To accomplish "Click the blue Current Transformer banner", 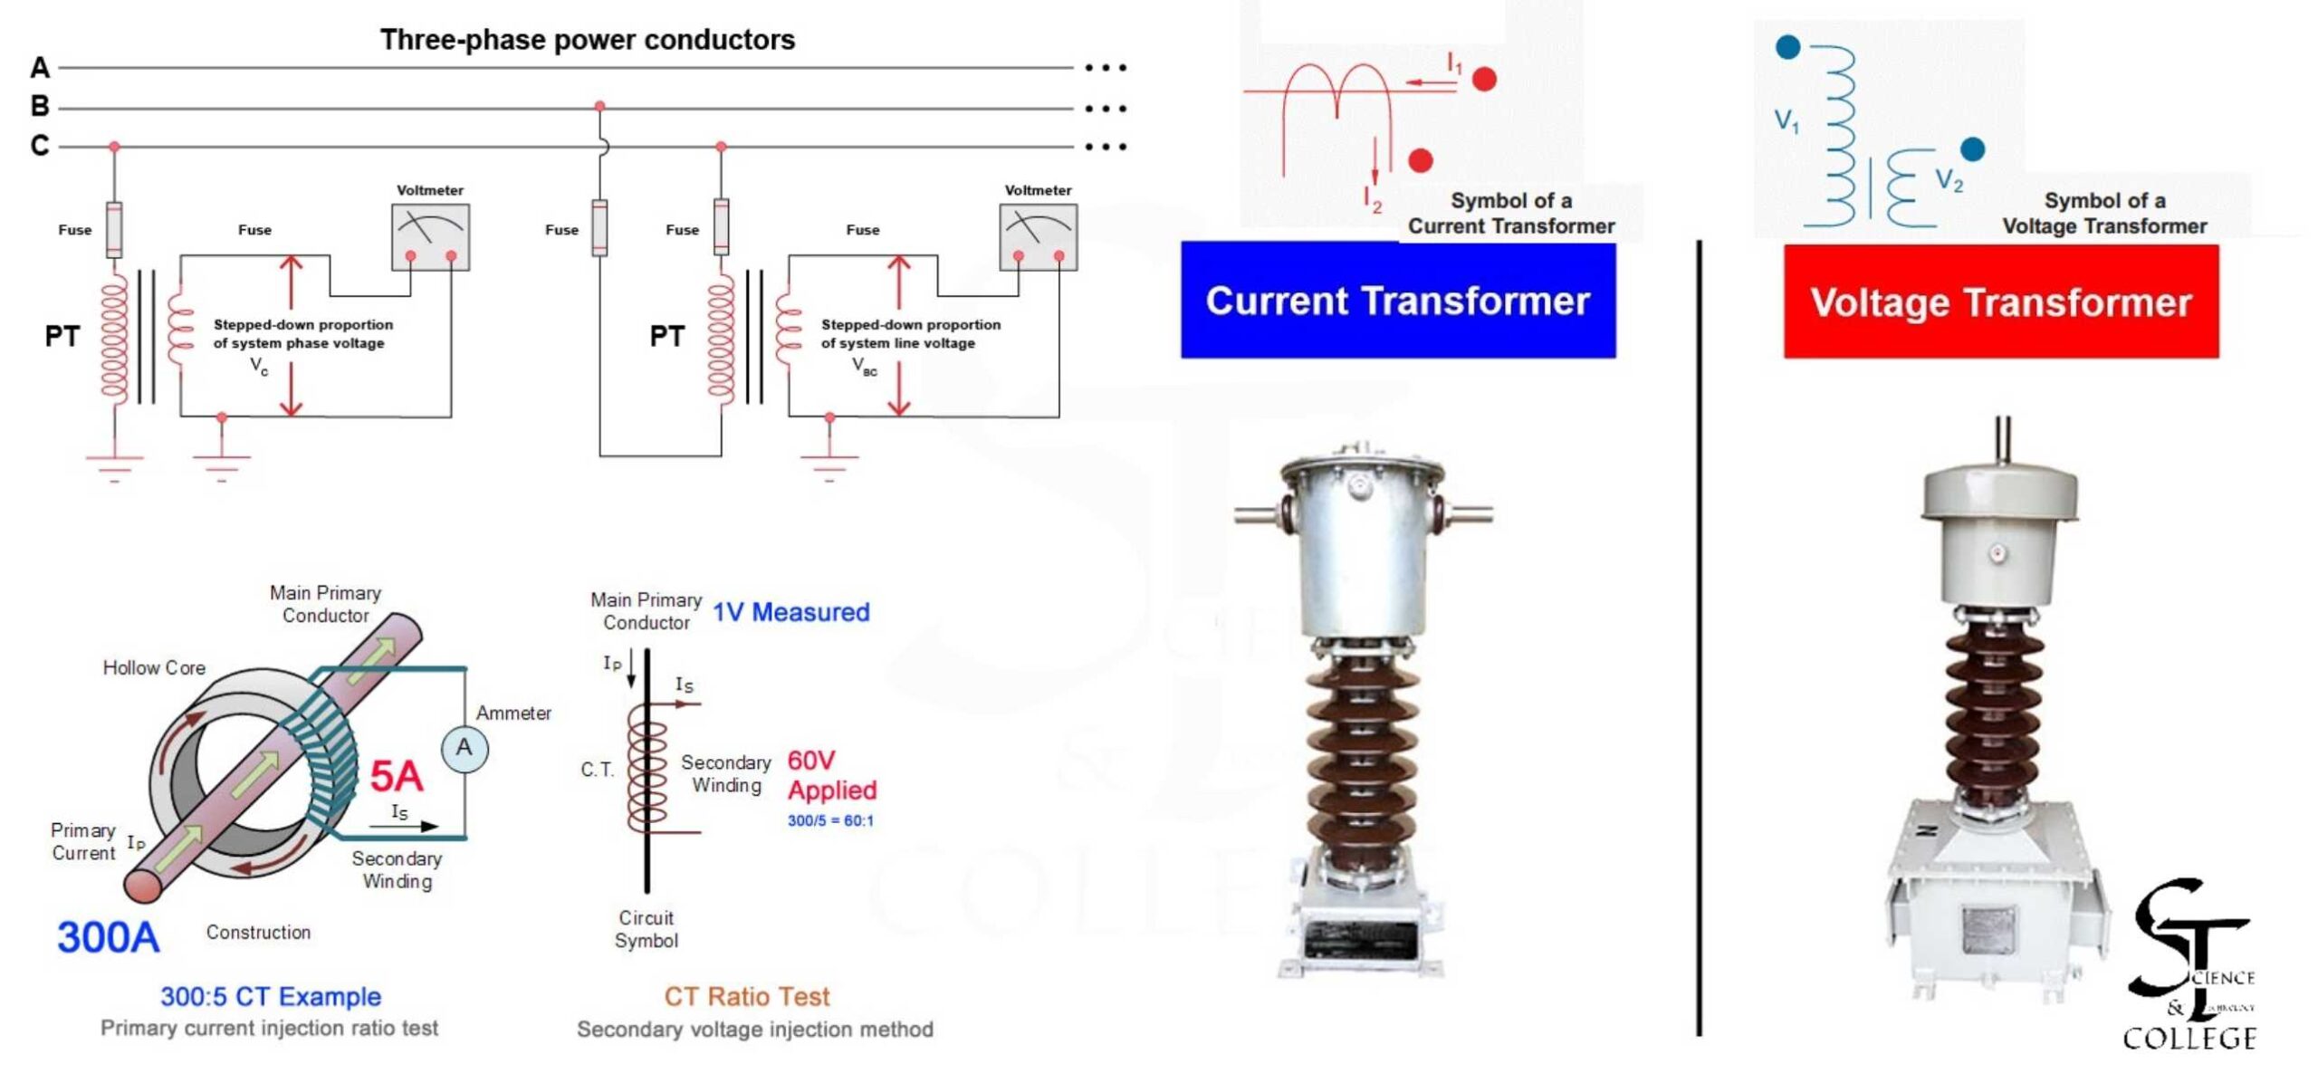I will [x=1397, y=301].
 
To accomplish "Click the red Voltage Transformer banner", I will [x=2000, y=302].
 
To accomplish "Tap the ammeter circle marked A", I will [x=465, y=749].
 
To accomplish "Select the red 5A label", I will [x=396, y=776].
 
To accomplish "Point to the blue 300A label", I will [x=108, y=937].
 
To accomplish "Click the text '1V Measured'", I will [x=790, y=613].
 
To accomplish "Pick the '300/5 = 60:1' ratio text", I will [x=830, y=821].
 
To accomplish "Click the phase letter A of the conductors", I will [x=40, y=68].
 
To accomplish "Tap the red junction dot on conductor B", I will [x=599, y=107].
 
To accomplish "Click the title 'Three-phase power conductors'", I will [x=587, y=40].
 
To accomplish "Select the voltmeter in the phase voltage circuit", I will [x=430, y=236].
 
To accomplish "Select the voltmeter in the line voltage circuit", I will [x=1038, y=236].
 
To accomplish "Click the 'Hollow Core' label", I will [x=154, y=668].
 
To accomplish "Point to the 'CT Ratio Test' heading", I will [x=746, y=997].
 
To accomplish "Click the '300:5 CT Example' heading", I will [x=270, y=997].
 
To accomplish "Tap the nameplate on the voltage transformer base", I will [x=1988, y=931].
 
